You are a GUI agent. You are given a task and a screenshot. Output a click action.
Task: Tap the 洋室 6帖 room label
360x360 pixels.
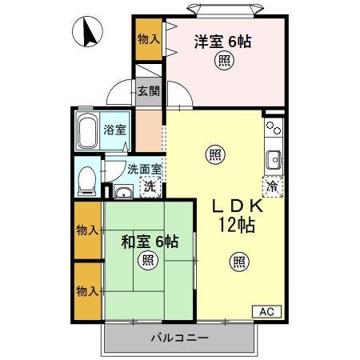(222, 41)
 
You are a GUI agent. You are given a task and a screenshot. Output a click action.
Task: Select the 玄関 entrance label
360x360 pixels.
(148, 90)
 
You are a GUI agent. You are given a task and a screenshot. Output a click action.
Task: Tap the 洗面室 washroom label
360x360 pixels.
(144, 169)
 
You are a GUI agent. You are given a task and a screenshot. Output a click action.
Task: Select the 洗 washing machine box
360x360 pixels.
(149, 187)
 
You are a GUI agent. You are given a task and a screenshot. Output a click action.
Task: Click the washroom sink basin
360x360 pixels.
(122, 191)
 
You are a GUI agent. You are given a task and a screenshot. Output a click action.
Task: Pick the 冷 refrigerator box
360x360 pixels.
(273, 187)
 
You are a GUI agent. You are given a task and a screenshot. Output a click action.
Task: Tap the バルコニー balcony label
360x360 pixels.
(179, 338)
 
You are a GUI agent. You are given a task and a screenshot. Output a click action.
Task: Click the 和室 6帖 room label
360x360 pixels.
(150, 241)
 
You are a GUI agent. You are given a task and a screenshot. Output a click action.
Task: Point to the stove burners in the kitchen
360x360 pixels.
(274, 126)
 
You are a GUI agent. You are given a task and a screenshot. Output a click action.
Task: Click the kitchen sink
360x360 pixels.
(273, 157)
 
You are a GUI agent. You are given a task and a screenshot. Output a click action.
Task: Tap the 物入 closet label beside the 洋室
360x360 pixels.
(147, 38)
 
